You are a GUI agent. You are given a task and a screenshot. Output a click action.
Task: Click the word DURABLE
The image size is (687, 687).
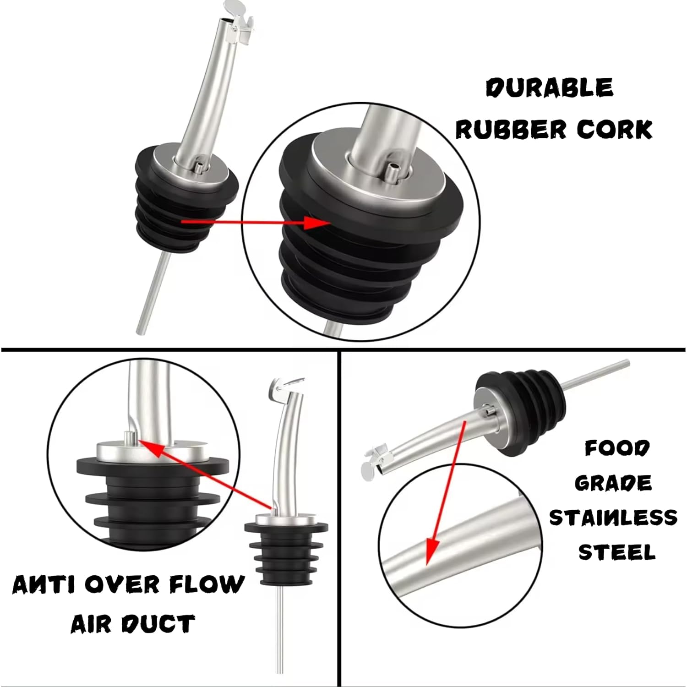coord(549,87)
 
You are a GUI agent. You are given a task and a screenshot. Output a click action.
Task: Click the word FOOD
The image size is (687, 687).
coord(617,448)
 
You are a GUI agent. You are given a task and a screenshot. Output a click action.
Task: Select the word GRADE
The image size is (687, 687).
coord(613,483)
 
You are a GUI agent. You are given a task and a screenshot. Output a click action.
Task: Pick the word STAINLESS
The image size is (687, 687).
coord(613,518)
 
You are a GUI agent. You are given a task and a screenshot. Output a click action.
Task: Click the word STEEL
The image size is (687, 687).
coord(616,552)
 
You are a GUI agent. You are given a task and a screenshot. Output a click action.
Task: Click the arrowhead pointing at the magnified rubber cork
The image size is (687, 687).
coord(317,223)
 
